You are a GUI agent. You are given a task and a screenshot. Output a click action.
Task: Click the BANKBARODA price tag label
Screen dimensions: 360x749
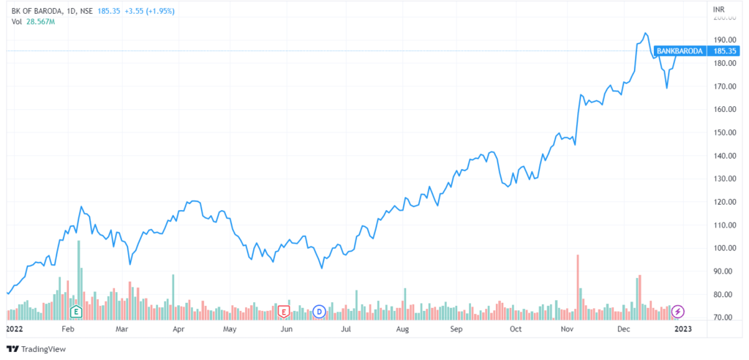click(680, 51)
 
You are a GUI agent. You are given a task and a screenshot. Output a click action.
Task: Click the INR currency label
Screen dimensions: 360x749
click(720, 8)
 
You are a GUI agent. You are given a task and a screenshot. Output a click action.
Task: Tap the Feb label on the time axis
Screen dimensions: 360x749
click(68, 329)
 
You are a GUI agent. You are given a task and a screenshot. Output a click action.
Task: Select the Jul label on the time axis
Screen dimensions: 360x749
click(347, 329)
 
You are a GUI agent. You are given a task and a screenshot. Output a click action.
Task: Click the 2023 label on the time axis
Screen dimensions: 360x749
click(682, 329)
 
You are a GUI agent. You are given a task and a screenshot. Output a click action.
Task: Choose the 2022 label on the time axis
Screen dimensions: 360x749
click(14, 329)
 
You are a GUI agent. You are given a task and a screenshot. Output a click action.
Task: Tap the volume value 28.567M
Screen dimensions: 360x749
click(42, 22)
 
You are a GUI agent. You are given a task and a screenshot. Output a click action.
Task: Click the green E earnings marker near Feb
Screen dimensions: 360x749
click(75, 312)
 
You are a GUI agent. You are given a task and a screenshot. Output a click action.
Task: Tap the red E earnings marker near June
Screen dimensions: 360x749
click(284, 312)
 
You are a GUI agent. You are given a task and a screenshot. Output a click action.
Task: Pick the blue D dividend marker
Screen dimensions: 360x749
click(319, 312)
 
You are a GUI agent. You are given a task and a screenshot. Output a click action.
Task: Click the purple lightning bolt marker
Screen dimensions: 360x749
click(678, 312)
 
